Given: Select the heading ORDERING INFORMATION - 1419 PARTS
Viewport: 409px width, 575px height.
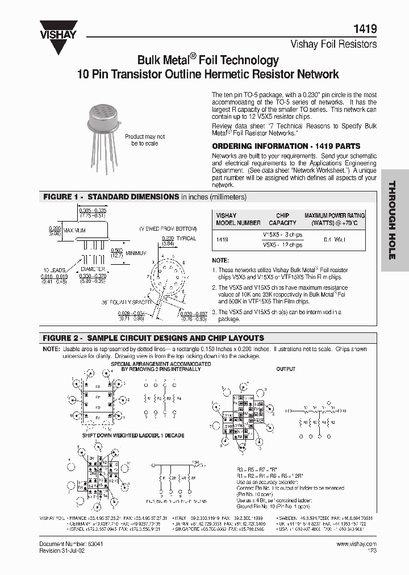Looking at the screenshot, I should click(x=286, y=146).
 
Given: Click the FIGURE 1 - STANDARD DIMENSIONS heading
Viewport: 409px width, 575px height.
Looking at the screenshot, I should click(x=111, y=197).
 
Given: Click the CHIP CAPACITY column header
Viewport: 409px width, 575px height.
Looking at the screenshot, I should click(x=282, y=219).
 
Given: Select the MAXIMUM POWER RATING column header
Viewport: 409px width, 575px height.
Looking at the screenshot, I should click(x=335, y=219).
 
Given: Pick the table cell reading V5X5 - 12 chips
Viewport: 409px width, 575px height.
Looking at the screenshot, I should click(x=282, y=245).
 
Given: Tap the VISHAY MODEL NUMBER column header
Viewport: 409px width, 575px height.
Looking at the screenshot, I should click(x=238, y=219).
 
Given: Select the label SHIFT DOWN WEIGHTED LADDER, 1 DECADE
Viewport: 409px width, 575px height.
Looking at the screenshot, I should click(x=132, y=435).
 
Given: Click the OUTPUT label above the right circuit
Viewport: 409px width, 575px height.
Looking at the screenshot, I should click(x=286, y=369).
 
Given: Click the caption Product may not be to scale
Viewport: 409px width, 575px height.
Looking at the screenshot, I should click(x=145, y=140).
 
